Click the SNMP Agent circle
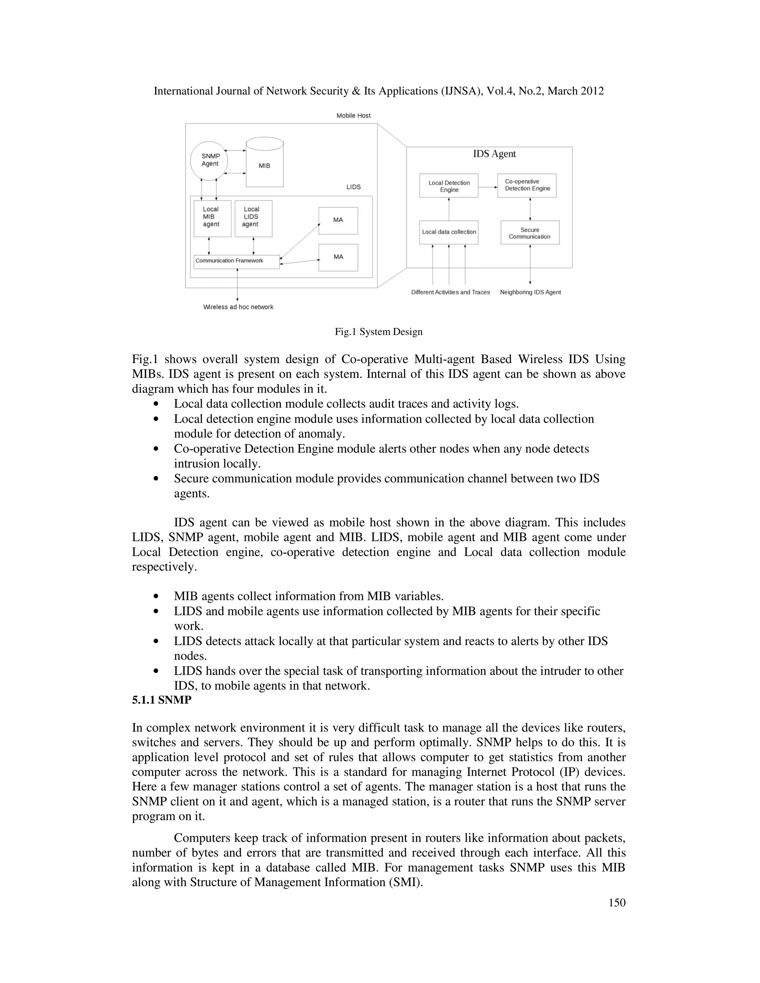click(x=209, y=160)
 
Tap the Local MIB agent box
click(x=212, y=218)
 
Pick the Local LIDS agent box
click(x=253, y=218)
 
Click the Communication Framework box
click(x=236, y=262)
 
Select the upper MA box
click(x=338, y=221)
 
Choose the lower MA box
click(x=338, y=257)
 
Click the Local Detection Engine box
click(x=448, y=185)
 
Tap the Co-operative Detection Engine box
click(x=527, y=185)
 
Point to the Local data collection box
click(x=448, y=232)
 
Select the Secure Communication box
click(x=530, y=233)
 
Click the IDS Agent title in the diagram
click(x=494, y=154)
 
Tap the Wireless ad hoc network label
click(x=238, y=307)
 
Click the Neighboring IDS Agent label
click(x=530, y=292)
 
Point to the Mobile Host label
click(x=353, y=116)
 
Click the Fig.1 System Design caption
click(x=379, y=332)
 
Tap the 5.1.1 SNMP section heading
click(x=161, y=700)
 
